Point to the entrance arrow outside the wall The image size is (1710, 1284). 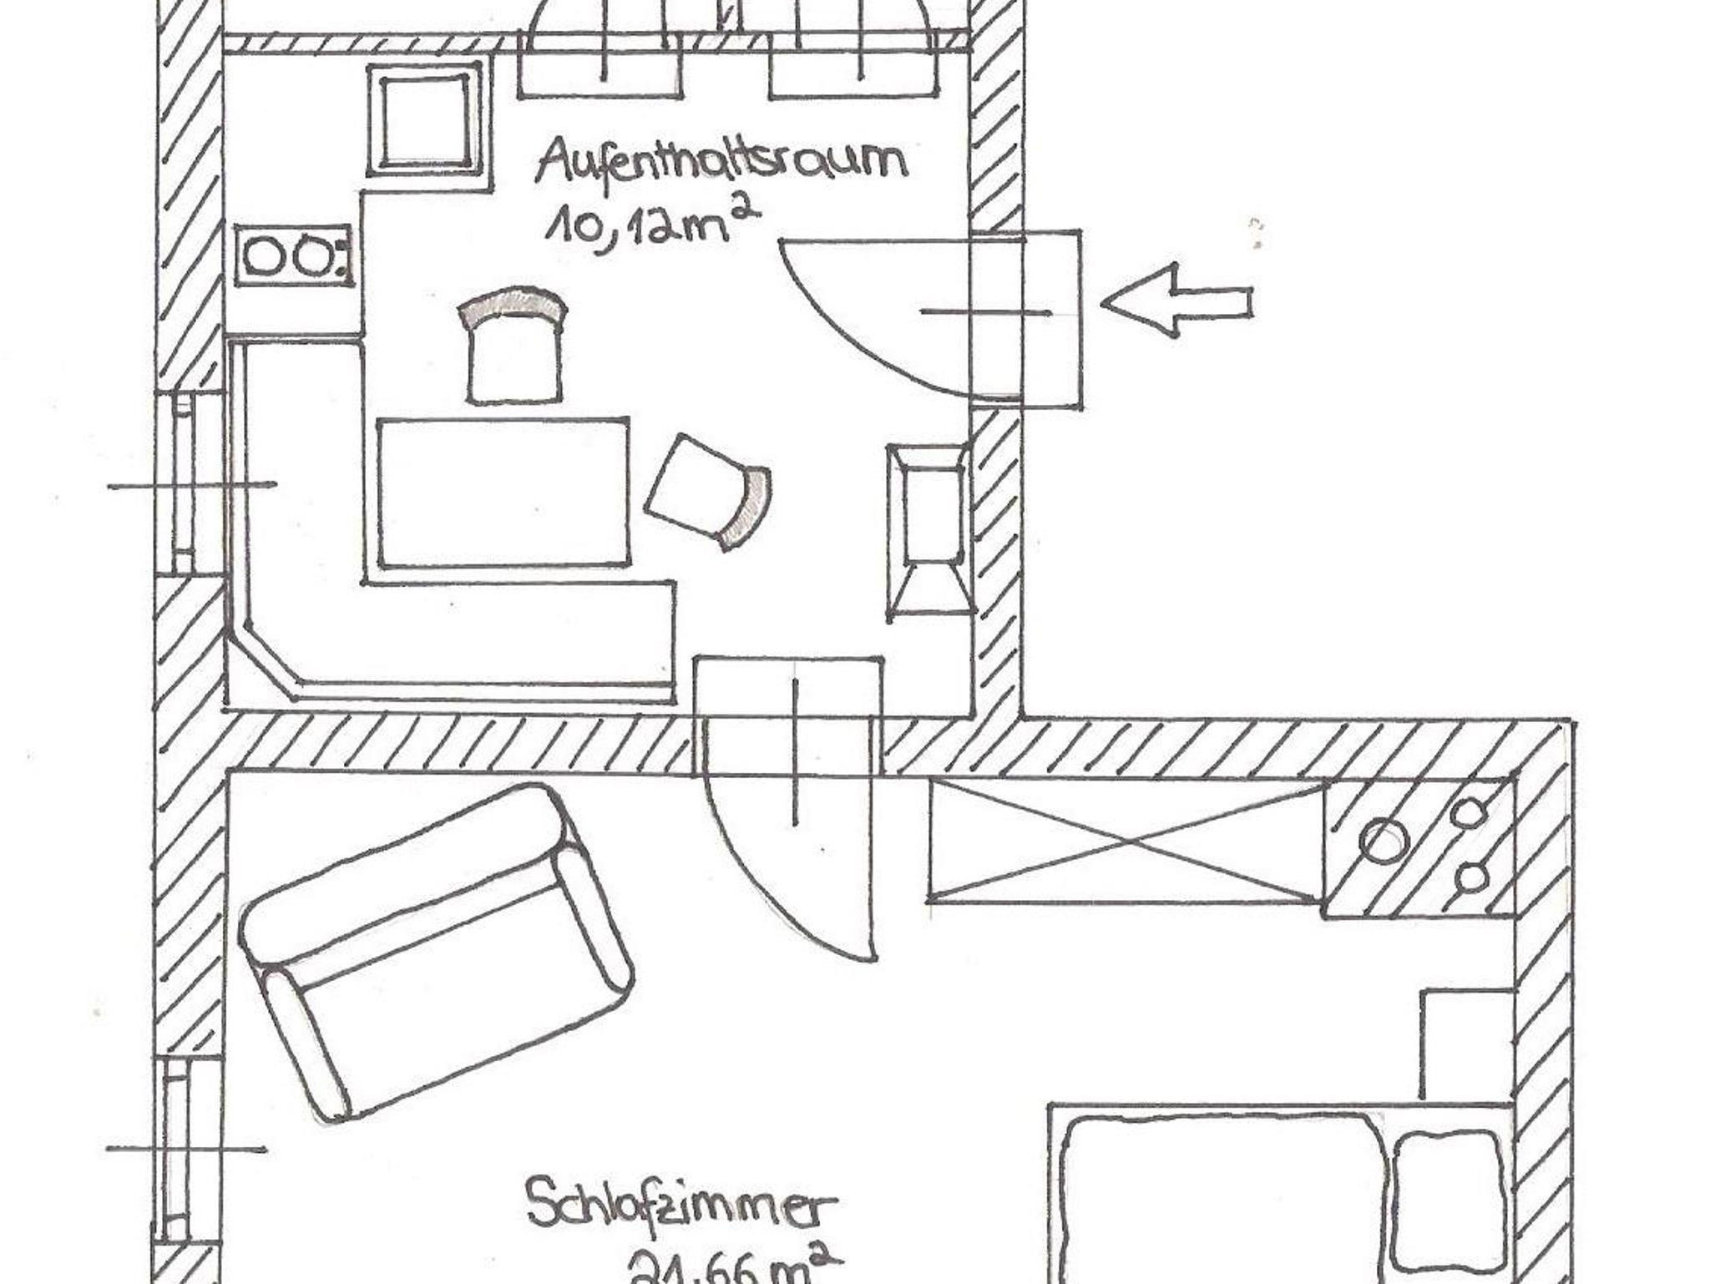[1177, 301]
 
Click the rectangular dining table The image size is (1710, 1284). [503, 493]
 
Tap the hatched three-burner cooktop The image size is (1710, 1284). [1419, 847]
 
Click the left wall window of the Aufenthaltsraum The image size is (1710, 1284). [181, 484]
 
